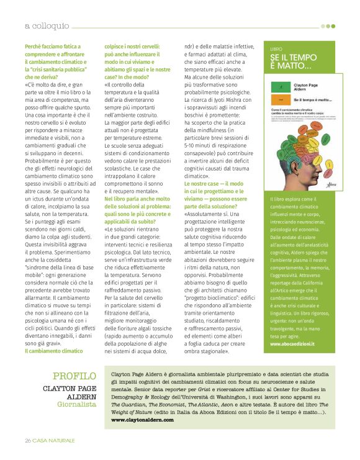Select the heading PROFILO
pyautogui.click(x=74, y=376)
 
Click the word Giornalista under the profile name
pyautogui.click(x=77, y=404)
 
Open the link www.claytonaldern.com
pyautogui.click(x=142, y=420)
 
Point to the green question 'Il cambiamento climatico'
pyautogui.click(x=53, y=351)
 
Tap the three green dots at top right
pyautogui.click(x=328, y=26)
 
